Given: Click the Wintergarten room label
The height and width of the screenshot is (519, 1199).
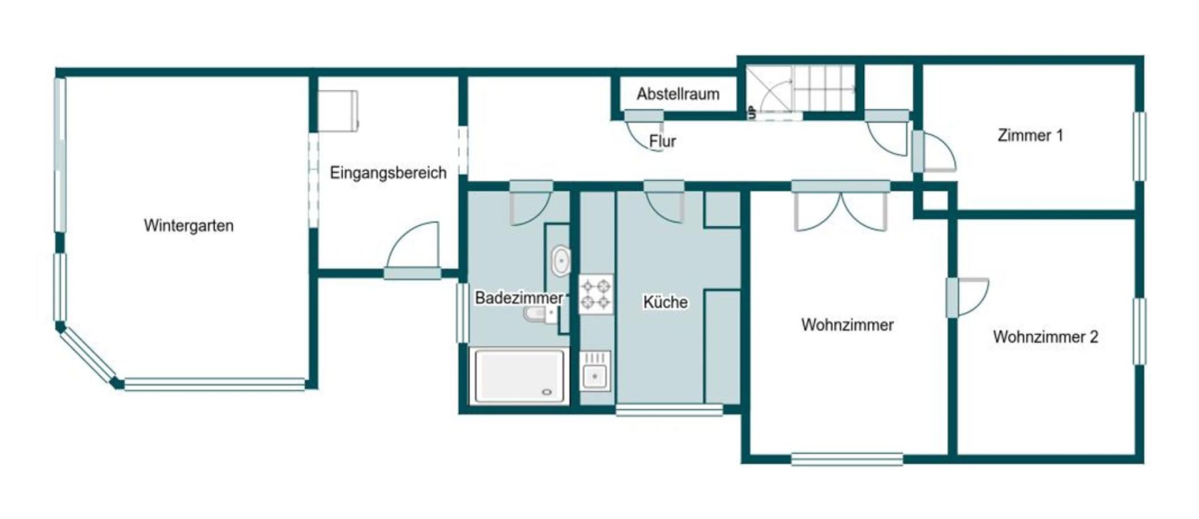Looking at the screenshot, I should click(188, 225).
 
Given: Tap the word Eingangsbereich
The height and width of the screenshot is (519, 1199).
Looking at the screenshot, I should click(388, 172).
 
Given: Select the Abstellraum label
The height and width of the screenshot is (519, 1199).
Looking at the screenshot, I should click(678, 94).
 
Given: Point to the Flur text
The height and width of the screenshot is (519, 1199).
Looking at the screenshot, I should click(662, 141).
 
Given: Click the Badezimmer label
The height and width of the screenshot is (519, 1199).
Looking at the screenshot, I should click(518, 298).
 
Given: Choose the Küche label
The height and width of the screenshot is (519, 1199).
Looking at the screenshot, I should click(665, 302).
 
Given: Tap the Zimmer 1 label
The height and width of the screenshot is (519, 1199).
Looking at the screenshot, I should click(1030, 136).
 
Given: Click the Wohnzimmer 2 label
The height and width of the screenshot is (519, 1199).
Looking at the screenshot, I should click(1045, 337).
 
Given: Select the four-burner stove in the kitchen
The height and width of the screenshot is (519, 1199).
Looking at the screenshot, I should click(596, 294).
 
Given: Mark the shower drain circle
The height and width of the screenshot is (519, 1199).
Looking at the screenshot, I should click(547, 392).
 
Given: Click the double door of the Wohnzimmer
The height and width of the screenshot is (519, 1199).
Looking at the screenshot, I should click(841, 210).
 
